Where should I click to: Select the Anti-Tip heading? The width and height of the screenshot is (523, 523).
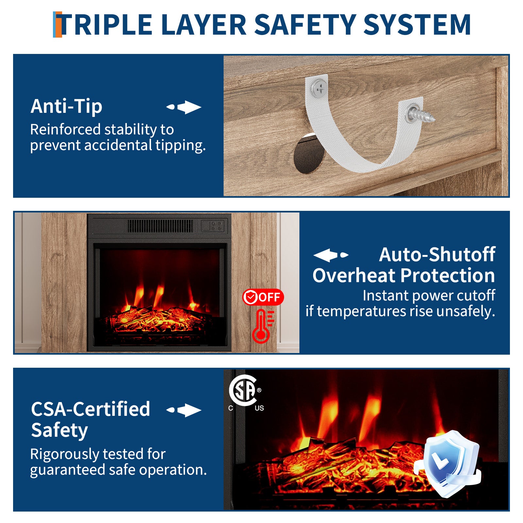[x=66, y=106]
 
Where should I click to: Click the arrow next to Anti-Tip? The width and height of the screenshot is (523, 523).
[x=184, y=107]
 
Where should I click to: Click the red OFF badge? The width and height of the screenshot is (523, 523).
[x=263, y=297]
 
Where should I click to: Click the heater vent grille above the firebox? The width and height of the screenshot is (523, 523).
[x=160, y=226]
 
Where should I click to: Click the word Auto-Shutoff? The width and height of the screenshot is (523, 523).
[x=437, y=254]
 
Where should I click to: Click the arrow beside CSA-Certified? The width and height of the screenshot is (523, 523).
[x=184, y=410]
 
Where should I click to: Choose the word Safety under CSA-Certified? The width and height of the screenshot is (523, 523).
[x=59, y=430]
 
